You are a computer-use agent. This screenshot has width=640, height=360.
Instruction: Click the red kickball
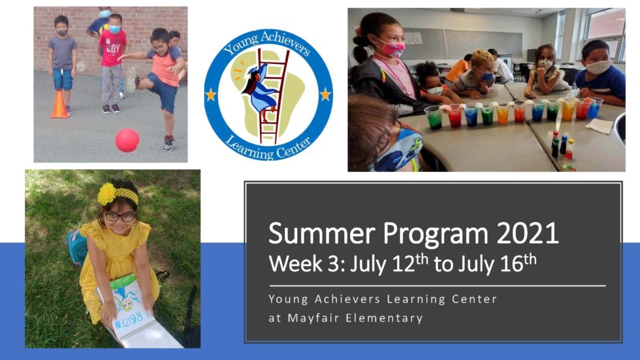tap(127, 140)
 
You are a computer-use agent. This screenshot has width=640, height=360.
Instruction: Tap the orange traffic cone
tap(59, 106)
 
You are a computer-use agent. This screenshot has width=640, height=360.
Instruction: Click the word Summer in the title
tap(315, 233)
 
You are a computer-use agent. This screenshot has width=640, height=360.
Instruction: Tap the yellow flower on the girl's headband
tap(106, 193)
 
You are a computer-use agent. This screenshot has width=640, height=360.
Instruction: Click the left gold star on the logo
tap(212, 95)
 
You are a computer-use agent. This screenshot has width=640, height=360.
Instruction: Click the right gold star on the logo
tap(325, 95)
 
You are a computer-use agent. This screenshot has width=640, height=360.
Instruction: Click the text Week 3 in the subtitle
tap(306, 264)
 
